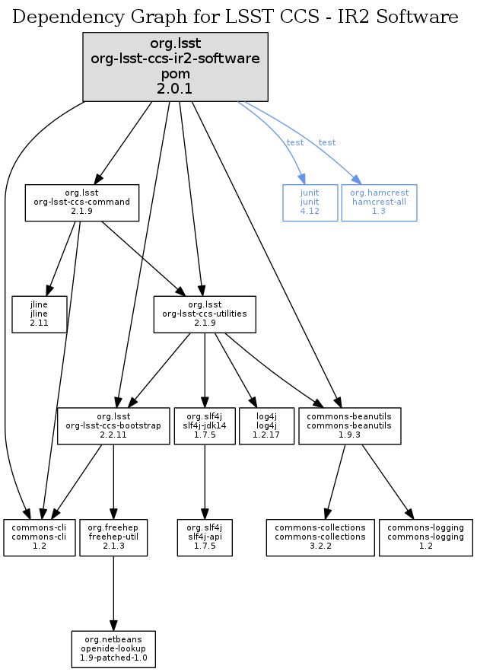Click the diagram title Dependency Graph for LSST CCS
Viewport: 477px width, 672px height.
[235, 17]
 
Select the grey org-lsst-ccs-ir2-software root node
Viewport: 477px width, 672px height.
[175, 67]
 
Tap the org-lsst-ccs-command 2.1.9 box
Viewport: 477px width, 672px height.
[82, 202]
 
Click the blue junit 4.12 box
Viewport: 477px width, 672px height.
[310, 202]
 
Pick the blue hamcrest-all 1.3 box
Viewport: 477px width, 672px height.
[379, 202]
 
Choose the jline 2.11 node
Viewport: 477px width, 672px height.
[39, 314]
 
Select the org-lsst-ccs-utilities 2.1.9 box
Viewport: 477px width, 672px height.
[204, 314]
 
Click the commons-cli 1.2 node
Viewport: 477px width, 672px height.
[39, 537]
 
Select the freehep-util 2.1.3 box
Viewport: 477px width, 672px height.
[113, 537]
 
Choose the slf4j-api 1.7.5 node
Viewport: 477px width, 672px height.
[204, 537]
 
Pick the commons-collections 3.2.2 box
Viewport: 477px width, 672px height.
[320, 537]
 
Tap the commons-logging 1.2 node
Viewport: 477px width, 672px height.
[425, 537]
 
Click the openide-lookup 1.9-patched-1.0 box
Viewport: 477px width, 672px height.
[113, 649]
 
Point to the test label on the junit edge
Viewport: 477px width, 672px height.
[294, 142]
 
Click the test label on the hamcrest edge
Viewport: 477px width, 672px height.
[327, 142]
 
